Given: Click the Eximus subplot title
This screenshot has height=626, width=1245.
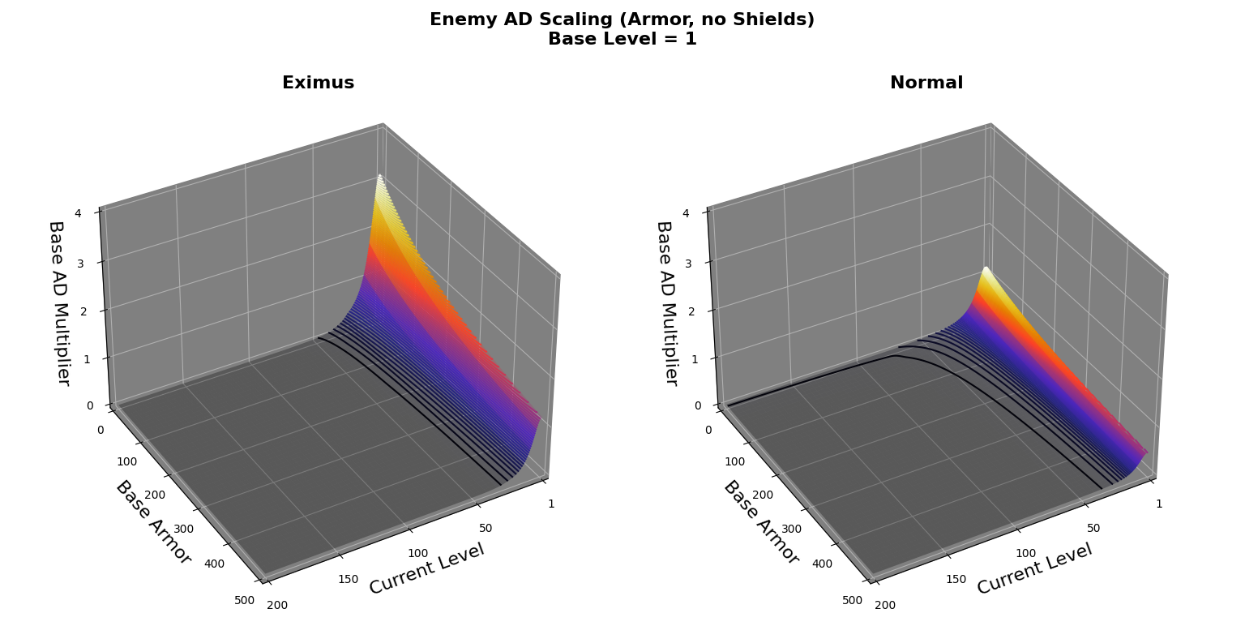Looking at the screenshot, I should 318,83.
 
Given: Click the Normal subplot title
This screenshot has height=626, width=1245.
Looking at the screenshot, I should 926,83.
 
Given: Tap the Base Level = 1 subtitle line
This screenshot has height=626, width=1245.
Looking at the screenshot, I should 622,39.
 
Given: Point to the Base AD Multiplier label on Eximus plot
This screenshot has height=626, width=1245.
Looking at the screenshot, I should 59,302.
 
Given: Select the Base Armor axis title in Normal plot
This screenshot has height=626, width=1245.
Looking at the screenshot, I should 760,523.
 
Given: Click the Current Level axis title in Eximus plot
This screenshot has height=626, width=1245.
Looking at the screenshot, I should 426,568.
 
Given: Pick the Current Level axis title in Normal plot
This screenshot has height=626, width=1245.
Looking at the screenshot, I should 1034,568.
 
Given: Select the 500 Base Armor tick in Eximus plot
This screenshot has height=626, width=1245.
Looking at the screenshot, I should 244,601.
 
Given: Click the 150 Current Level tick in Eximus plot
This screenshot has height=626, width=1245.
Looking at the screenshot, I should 348,579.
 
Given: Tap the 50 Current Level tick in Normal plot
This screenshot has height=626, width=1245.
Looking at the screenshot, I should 1093,528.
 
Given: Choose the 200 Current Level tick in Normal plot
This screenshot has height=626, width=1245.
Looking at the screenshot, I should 885,605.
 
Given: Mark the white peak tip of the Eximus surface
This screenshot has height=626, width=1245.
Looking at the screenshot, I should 379,177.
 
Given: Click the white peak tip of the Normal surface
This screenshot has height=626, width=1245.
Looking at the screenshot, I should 986,268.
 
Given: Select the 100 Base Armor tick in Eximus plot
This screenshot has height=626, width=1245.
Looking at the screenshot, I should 126,461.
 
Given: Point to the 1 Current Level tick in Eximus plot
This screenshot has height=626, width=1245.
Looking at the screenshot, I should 551,504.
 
